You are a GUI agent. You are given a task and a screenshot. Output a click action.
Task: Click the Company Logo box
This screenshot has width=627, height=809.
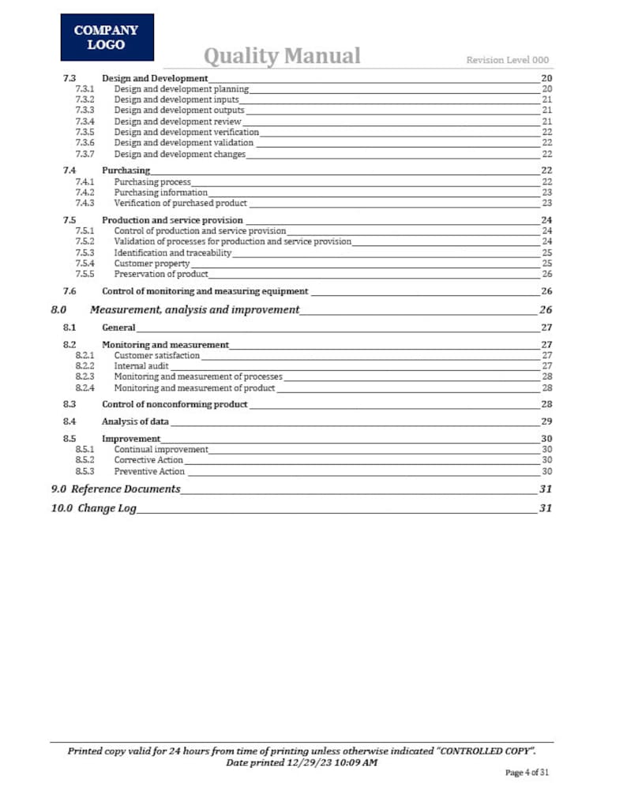coord(107,37)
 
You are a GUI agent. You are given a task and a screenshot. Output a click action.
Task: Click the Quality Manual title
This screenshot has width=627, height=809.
coord(282,56)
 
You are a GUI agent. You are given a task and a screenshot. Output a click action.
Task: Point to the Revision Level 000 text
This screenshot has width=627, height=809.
coord(507,60)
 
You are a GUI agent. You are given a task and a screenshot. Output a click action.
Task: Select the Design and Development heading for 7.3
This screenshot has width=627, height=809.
coord(155,78)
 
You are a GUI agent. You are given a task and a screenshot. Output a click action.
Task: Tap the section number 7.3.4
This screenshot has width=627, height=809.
coord(84,122)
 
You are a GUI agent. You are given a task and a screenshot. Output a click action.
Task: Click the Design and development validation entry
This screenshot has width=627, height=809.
coord(183,143)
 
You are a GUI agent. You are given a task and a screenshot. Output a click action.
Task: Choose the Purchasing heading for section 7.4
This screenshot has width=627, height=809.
coord(126,170)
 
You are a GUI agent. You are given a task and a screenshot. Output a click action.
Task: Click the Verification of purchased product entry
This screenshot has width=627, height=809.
coord(180,203)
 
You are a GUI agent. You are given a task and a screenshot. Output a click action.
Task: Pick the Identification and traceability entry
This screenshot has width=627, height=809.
coord(172,253)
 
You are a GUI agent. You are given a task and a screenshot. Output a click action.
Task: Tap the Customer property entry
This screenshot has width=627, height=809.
coord(152,264)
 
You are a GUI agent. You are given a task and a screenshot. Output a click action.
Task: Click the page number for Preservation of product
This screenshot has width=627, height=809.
coord(546,274)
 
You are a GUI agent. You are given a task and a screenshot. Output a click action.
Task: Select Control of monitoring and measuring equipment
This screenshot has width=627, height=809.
coord(205,291)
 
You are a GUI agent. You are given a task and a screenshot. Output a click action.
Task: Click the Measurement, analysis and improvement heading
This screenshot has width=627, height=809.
coord(194,309)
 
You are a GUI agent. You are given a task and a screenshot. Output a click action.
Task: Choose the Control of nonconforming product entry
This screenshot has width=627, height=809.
coord(175,404)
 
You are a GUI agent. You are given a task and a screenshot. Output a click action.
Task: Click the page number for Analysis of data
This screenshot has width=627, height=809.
coord(546,421)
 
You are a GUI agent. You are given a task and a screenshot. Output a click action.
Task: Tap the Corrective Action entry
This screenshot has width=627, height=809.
coord(148,460)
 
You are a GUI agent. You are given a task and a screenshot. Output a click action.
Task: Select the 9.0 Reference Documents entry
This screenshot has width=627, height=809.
coord(115,489)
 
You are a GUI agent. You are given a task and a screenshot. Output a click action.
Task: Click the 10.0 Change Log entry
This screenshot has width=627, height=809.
coord(94,508)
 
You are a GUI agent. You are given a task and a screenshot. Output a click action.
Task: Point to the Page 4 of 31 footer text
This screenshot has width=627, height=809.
coord(527,772)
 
